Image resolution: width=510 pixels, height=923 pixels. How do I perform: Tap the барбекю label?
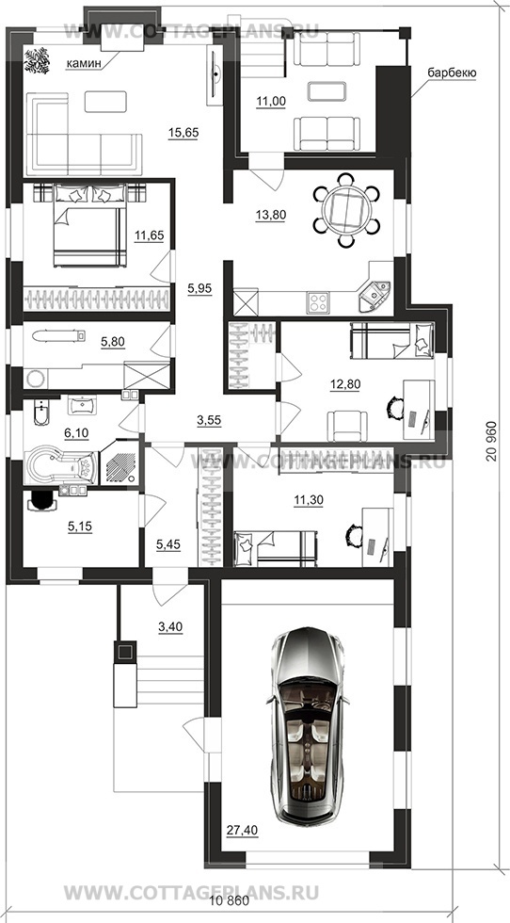[452, 73]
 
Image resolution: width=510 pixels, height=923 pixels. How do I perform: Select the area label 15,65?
[183, 133]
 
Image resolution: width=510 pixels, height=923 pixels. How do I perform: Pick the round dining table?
[346, 209]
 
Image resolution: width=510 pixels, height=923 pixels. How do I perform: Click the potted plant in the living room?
[38, 60]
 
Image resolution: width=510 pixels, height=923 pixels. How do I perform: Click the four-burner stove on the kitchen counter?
[317, 302]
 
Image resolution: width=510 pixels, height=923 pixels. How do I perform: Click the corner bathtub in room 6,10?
[61, 467]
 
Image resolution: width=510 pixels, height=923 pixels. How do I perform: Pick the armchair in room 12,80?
[347, 425]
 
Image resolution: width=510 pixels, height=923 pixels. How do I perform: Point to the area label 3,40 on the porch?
[170, 627]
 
